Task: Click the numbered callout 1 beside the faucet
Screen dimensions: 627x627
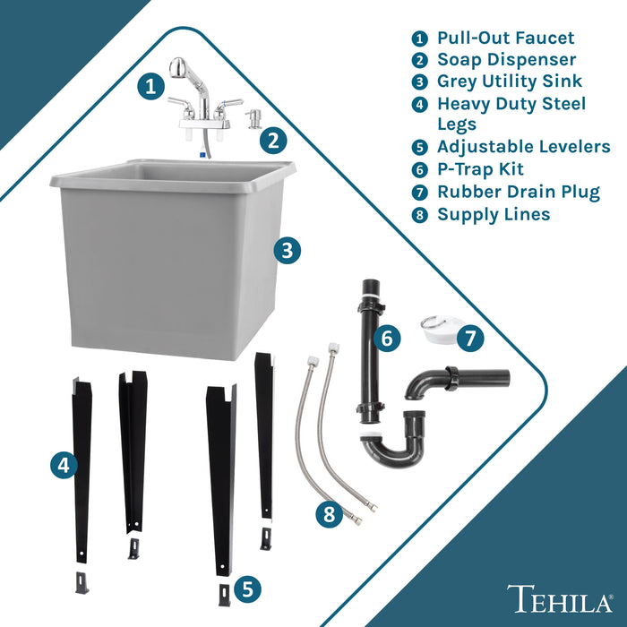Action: tap(150, 87)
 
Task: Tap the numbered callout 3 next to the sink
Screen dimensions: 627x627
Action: tap(286, 251)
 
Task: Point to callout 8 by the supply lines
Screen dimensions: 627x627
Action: tap(330, 515)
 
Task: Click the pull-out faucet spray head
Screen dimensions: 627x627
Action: tap(178, 70)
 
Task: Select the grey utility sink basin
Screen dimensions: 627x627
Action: tap(170, 260)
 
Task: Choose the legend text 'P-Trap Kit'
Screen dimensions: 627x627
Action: tap(480, 169)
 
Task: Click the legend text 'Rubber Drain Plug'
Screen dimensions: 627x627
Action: tap(518, 192)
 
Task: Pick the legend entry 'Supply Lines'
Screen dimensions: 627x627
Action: tap(493, 214)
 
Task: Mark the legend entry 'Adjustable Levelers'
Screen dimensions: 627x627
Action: tap(523, 147)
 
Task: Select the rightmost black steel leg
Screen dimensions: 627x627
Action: tap(265, 439)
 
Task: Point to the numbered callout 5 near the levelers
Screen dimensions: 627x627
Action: tap(247, 588)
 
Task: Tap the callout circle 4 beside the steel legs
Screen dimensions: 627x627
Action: tap(62, 465)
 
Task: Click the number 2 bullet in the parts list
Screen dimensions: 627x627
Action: tap(419, 60)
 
